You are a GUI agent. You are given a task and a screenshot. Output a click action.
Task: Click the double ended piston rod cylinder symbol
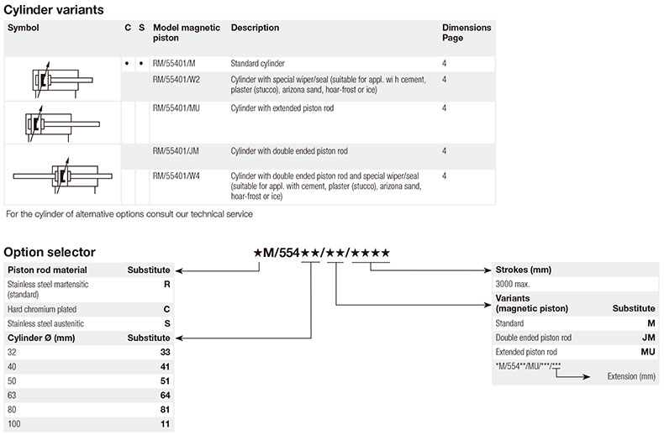pos(61,175)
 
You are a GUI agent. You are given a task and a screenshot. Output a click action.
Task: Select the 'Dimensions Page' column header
pos(466,33)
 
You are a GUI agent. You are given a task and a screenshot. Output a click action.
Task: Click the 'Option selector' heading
pos(49,252)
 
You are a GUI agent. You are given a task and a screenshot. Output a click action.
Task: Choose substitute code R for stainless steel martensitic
pos(166,285)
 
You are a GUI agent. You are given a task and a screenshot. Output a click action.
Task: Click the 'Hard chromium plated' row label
pos(42,309)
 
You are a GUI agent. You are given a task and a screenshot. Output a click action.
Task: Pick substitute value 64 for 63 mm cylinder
pos(165,395)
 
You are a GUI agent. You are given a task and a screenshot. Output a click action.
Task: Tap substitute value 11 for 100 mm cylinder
pos(165,424)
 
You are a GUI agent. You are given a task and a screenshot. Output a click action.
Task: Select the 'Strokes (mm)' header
pos(523,270)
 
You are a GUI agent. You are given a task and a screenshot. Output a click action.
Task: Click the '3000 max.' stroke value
pos(513,285)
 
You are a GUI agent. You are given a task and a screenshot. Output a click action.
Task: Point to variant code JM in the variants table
pos(646,337)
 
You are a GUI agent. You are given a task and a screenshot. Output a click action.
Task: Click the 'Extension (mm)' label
pos(630,376)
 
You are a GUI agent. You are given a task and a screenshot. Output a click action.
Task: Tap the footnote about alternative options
pos(129,214)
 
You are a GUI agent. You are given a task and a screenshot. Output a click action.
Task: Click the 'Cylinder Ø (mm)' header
pos(42,338)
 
